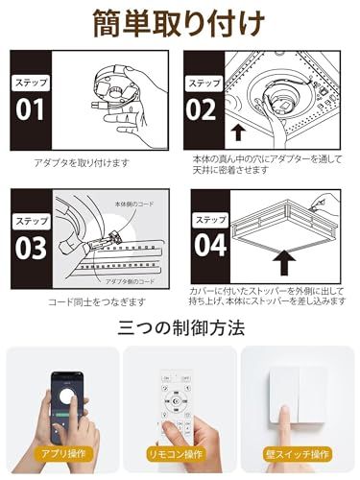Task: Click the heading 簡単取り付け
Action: [180, 22]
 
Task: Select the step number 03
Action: [31, 248]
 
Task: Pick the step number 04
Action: [210, 249]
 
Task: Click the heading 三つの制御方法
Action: [180, 328]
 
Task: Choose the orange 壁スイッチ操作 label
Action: [299, 453]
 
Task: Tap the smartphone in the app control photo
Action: [60, 403]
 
